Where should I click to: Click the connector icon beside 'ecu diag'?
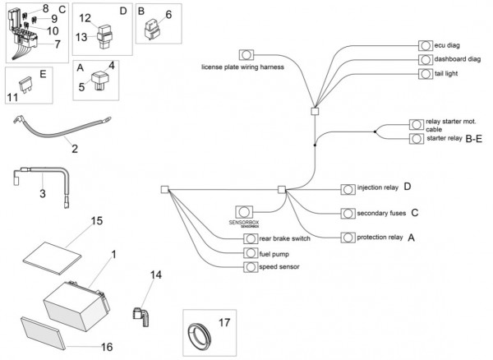426,45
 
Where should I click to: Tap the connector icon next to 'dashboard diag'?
426,59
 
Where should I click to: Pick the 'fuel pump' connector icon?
250,253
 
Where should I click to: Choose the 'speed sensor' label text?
279,267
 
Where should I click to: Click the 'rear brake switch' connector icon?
250,239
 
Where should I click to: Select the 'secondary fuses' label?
382,213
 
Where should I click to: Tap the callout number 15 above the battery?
96,221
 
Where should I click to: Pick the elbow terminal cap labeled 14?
140,312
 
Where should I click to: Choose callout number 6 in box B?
168,14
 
